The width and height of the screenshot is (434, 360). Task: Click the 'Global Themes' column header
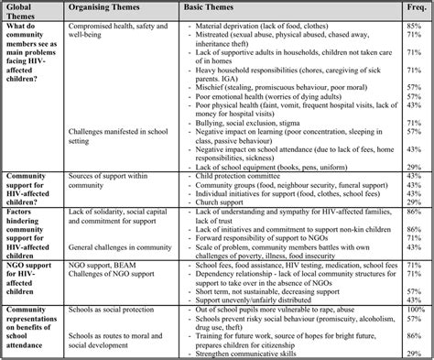23,12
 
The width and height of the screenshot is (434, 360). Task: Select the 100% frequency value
414,311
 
